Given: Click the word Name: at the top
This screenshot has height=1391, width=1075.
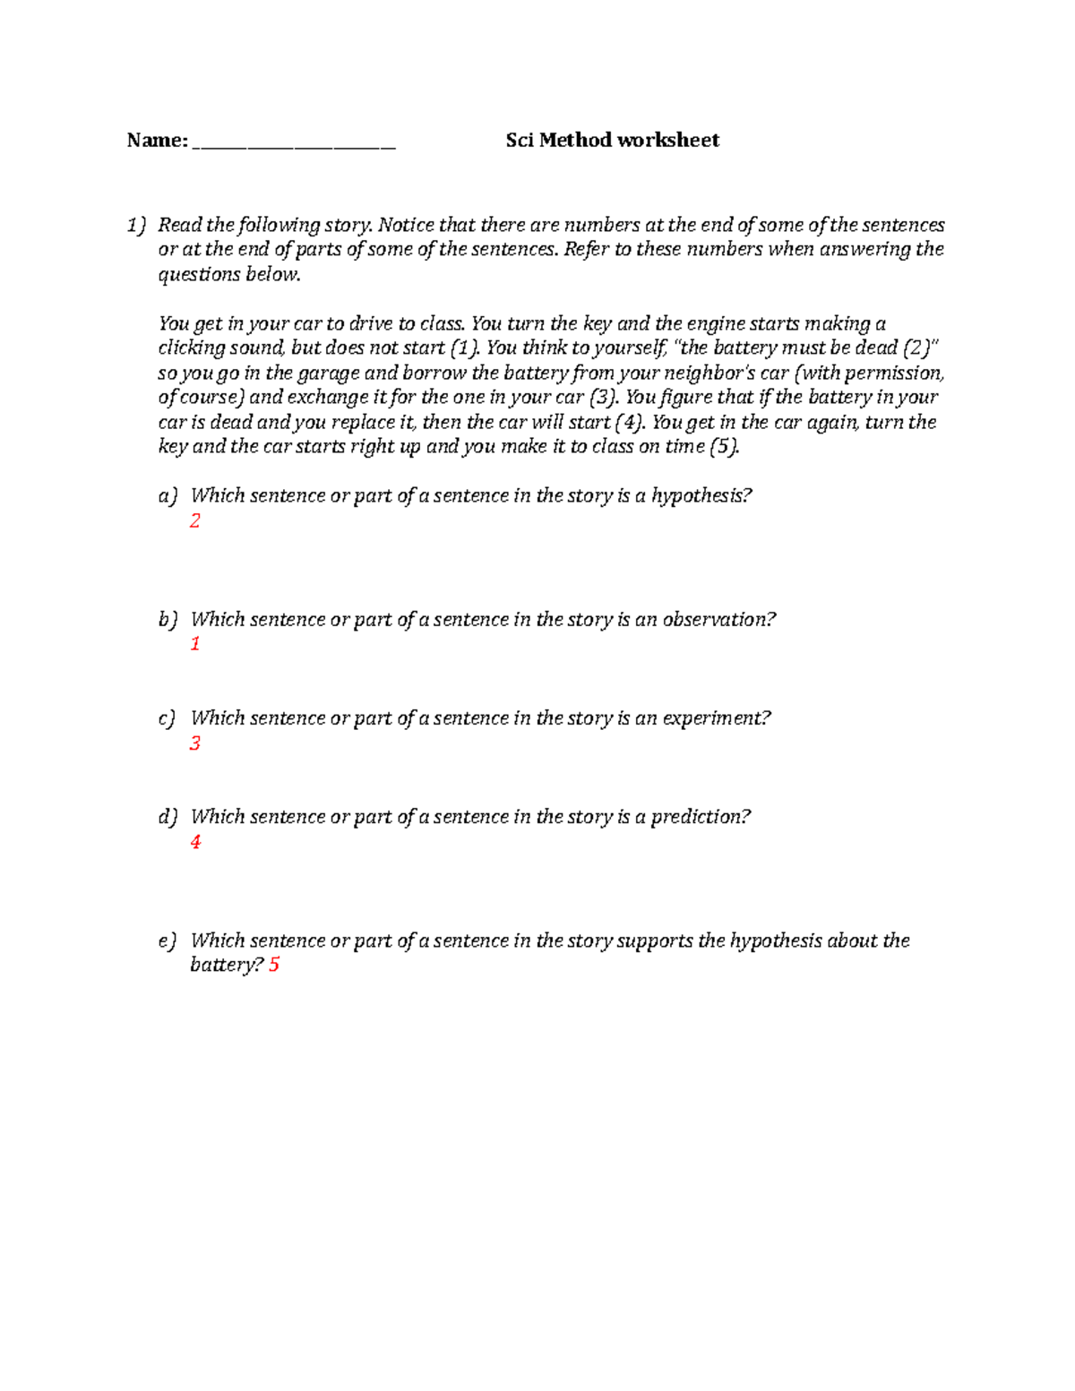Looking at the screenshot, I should click(157, 140).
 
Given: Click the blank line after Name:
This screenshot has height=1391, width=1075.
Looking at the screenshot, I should click(294, 143).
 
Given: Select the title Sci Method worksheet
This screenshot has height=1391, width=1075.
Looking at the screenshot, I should click(612, 140).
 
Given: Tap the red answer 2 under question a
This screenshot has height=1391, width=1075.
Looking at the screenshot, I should click(194, 520).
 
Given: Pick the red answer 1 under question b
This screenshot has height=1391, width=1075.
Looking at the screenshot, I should click(194, 643).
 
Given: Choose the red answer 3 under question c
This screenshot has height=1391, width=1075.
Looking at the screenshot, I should click(194, 743).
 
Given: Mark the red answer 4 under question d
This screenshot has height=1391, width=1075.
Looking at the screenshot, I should click(195, 841).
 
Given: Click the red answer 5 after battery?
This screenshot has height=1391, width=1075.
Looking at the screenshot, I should click(274, 965).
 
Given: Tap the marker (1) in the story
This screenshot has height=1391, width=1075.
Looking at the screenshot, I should click(464, 348).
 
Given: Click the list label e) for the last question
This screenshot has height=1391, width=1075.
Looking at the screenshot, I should click(168, 940).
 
